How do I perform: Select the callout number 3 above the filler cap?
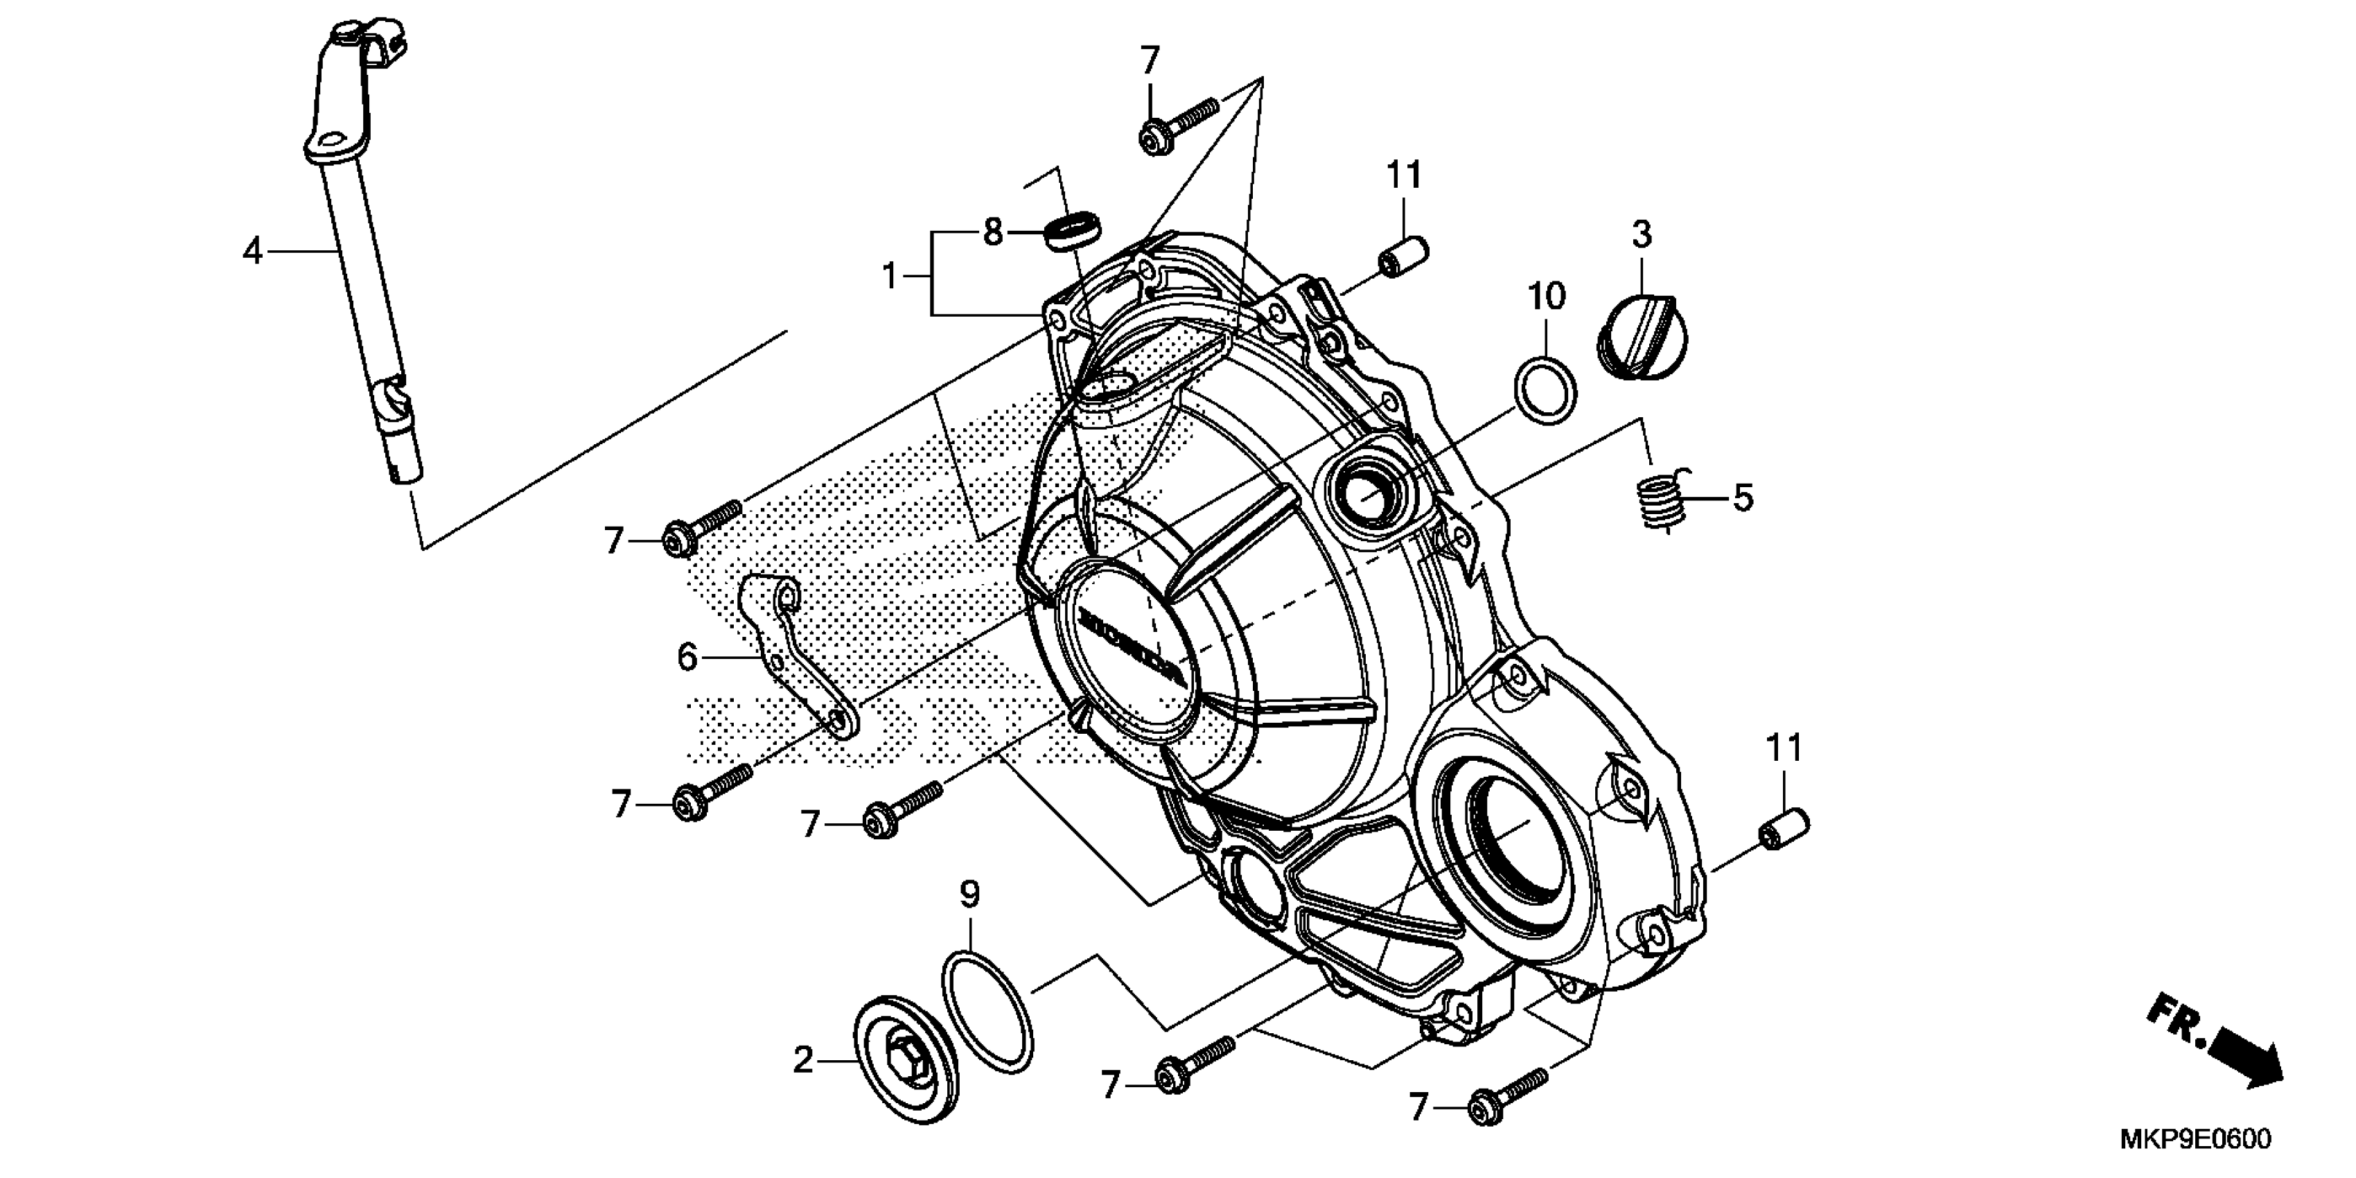pos(1642,235)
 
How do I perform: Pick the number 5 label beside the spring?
pos(1743,498)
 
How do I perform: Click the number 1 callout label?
pos(890,275)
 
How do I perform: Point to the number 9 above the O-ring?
pos(969,894)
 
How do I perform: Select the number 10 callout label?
pos(1547,297)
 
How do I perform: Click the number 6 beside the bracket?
pos(688,657)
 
